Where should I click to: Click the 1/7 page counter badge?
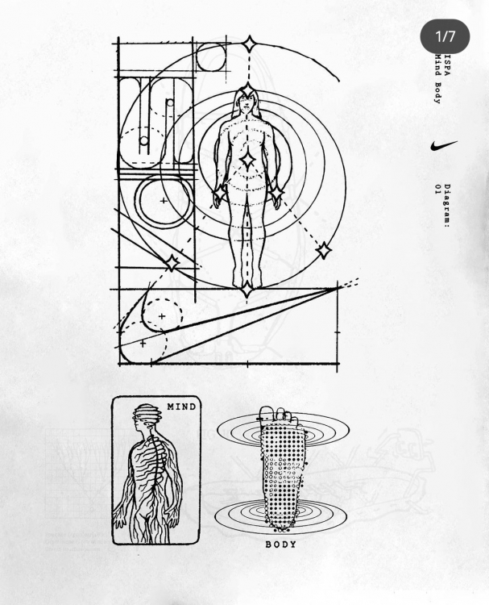(x=445, y=36)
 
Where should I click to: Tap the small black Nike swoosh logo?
(x=444, y=146)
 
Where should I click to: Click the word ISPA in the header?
(x=447, y=65)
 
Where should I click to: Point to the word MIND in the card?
(x=182, y=407)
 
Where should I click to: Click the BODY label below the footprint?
(x=281, y=544)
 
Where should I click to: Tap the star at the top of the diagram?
(x=249, y=44)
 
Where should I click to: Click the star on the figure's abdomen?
(x=247, y=160)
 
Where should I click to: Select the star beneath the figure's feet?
(x=247, y=289)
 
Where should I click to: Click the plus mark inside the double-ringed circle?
(x=164, y=201)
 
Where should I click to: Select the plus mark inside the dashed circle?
(x=162, y=316)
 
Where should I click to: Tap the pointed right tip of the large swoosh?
(x=338, y=287)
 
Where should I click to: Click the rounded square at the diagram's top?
(x=210, y=57)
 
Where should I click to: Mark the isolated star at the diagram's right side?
(x=323, y=251)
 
